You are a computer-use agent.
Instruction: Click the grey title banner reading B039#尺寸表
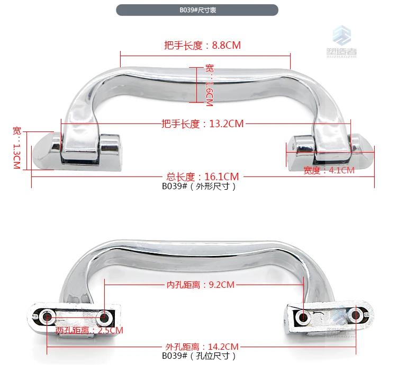(197, 10)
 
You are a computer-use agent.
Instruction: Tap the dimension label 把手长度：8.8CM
(202, 46)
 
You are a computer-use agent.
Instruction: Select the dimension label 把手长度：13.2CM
(203, 123)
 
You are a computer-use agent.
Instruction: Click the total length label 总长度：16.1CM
(203, 176)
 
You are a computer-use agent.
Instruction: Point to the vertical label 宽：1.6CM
(210, 85)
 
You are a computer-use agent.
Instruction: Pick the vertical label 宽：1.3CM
(17, 148)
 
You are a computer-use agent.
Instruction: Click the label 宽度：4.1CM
(329, 170)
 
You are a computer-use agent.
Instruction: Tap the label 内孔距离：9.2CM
(201, 285)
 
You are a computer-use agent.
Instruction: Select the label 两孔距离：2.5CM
(89, 330)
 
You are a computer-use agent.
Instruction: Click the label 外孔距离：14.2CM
(202, 347)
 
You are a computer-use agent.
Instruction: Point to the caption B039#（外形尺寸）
(199, 187)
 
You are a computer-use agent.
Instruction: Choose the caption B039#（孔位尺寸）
(199, 356)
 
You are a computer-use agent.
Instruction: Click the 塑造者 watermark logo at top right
(341, 42)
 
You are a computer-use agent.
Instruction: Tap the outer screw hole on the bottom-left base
(47, 316)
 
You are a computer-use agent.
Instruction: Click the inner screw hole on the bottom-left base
(104, 317)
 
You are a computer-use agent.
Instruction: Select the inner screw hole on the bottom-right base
(303, 317)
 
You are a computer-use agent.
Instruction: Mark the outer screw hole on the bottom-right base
(356, 315)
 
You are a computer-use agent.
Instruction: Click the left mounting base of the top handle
(77, 152)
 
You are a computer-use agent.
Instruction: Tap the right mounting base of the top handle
(330, 152)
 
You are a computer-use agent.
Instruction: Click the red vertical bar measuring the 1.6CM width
(197, 85)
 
